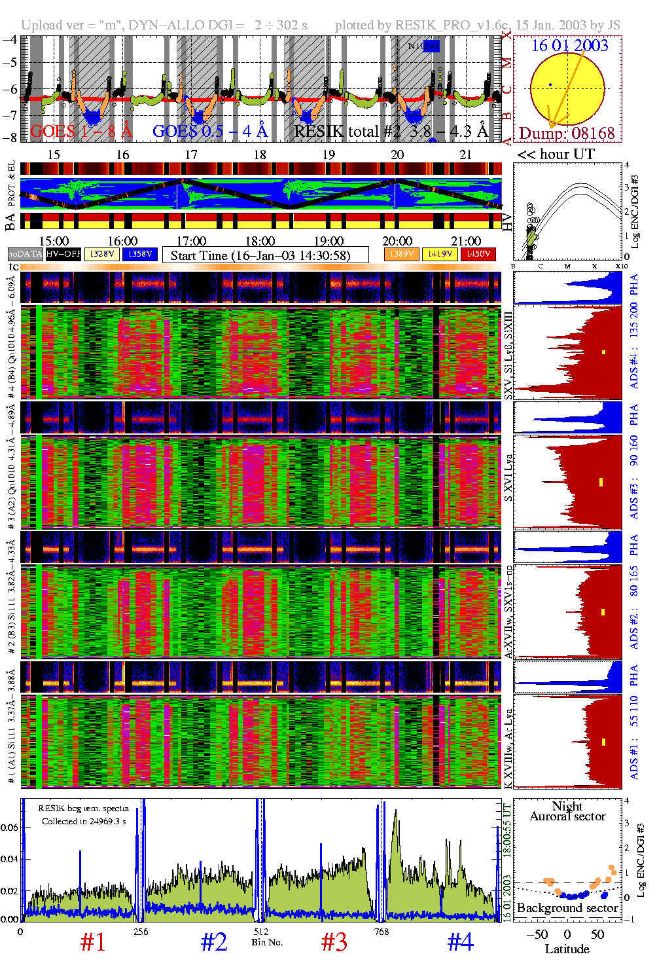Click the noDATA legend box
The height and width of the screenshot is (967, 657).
pyautogui.click(x=25, y=254)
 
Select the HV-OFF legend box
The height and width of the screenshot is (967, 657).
pyautogui.click(x=63, y=254)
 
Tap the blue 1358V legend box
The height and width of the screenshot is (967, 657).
pyautogui.click(x=140, y=254)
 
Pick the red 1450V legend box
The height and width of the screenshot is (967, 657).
pyautogui.click(x=478, y=254)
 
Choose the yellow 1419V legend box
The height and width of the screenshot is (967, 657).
pyautogui.click(x=440, y=254)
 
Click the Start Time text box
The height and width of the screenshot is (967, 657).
pyautogui.click(x=265, y=255)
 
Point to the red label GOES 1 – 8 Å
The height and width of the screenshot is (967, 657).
pyautogui.click(x=81, y=131)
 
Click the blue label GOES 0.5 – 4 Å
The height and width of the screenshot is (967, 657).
pyautogui.click(x=209, y=131)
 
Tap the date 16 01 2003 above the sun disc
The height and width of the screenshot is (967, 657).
pyautogui.click(x=569, y=45)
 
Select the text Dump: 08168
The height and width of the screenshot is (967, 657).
pyautogui.click(x=567, y=133)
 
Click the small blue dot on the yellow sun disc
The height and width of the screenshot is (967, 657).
pyautogui.click(x=550, y=84)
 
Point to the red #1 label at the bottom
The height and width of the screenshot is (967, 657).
pyautogui.click(x=93, y=941)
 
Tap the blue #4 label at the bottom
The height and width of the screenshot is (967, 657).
pyautogui.click(x=460, y=941)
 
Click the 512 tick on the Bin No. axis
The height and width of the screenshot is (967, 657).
pyautogui.click(x=260, y=932)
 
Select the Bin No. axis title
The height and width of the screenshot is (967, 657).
pyautogui.click(x=267, y=942)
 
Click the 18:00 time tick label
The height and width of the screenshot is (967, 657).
pyautogui.click(x=260, y=241)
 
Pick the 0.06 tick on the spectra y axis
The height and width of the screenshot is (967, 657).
pyautogui.click(x=10, y=827)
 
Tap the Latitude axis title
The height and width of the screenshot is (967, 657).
pyautogui.click(x=567, y=949)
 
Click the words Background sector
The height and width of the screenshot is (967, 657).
pyautogui.click(x=567, y=907)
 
